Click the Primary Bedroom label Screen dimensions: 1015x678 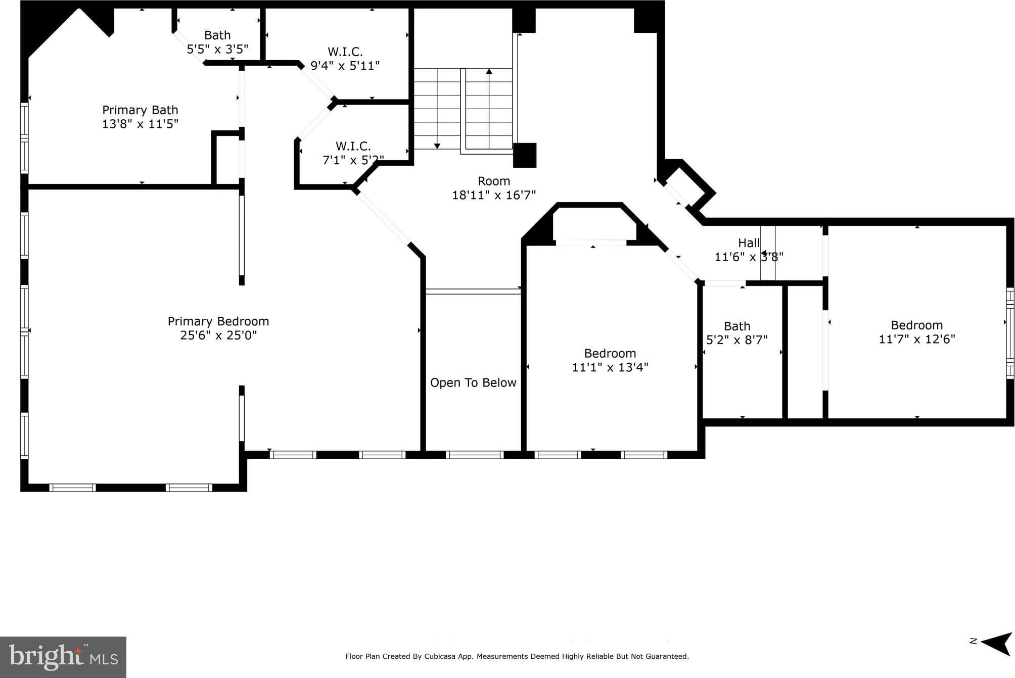(218, 321)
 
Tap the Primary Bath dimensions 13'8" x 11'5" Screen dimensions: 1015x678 (140, 124)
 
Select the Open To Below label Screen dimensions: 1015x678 (473, 383)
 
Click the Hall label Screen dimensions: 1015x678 (749, 243)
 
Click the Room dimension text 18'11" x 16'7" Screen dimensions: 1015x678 (494, 195)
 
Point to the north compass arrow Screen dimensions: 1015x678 (996, 643)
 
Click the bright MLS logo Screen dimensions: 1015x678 (63, 657)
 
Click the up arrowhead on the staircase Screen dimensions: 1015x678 (489, 72)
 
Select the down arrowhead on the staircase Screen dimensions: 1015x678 (437, 146)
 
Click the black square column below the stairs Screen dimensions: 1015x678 (525, 155)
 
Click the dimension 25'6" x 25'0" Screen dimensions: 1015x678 (218, 335)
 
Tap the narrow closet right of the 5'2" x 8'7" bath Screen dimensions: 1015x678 (805, 352)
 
